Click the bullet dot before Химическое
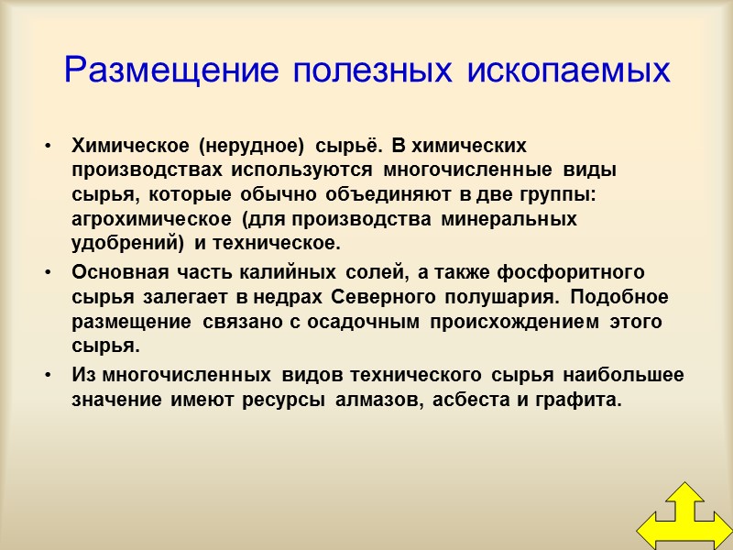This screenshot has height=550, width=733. (x=45, y=147)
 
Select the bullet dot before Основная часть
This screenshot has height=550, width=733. (x=45, y=273)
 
